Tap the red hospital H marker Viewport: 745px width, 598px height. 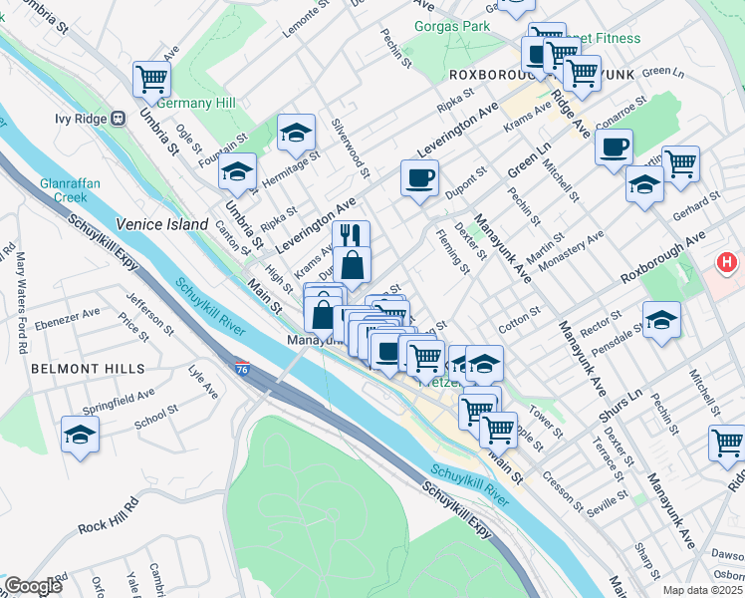(x=728, y=263)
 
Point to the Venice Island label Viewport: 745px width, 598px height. (x=161, y=224)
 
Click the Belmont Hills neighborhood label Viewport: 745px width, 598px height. (x=88, y=368)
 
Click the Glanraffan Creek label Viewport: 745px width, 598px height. (x=68, y=190)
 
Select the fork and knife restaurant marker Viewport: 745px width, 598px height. (x=351, y=236)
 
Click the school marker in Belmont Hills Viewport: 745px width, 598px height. (x=80, y=435)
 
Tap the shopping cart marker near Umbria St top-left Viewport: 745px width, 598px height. (x=151, y=78)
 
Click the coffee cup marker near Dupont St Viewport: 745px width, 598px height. (x=419, y=177)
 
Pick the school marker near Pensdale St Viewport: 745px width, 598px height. (x=661, y=320)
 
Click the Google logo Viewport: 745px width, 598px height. (x=33, y=587)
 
